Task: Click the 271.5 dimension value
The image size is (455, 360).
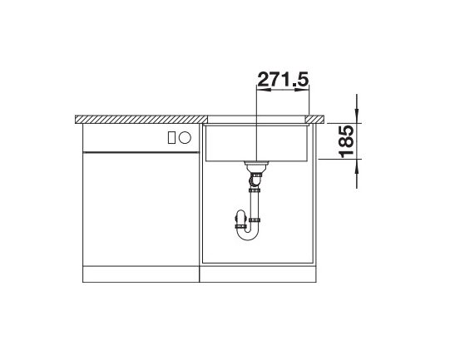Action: coord(283,79)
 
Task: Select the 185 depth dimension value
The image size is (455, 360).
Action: coord(346,141)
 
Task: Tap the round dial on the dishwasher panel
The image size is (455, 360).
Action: coord(185,137)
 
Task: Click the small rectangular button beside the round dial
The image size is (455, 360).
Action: coord(171,137)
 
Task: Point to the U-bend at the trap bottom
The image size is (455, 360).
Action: coord(248,233)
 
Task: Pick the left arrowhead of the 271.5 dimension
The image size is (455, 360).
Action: coord(263,90)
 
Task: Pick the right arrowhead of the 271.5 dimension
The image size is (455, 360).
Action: coord(302,90)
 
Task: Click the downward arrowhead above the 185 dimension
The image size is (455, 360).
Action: coord(357,116)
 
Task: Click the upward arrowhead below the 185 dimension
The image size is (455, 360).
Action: coord(357,166)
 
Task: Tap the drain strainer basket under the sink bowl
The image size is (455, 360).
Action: coord(256,166)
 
